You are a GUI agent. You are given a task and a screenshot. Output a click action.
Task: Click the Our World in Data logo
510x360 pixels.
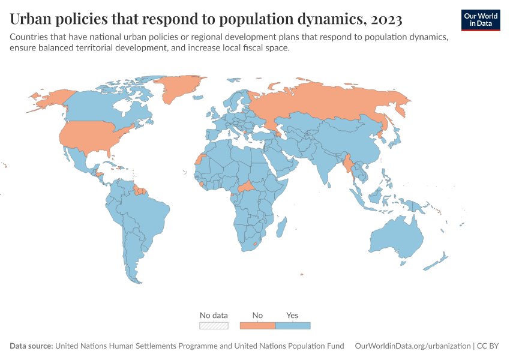click(x=480, y=20)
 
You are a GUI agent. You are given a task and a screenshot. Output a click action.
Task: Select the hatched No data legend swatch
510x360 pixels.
click(x=214, y=326)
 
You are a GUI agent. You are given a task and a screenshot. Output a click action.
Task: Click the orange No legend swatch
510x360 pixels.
click(x=257, y=326)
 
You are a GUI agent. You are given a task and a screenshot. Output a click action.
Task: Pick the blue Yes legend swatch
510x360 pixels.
click(x=293, y=326)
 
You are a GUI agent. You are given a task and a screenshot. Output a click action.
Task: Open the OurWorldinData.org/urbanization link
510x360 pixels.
click(x=413, y=346)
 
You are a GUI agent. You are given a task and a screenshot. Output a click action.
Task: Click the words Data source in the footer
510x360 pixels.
click(x=31, y=346)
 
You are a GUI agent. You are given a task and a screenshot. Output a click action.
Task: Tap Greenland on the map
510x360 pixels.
click(x=180, y=89)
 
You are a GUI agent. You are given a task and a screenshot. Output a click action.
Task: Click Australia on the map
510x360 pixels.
click(x=396, y=237)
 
